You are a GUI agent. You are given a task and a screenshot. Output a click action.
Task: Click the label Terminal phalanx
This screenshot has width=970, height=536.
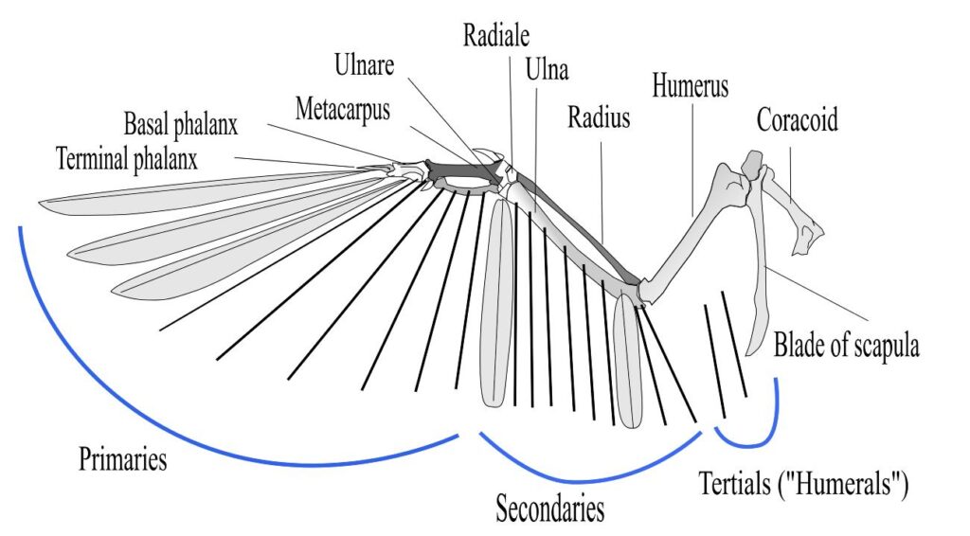coord(126,157)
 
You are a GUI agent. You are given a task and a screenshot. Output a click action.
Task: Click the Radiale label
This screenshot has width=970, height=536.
coord(495,37)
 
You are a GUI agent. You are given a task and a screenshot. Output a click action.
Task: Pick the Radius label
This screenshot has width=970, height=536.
coord(599,118)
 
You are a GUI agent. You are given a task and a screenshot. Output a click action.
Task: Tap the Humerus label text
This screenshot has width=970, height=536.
coord(690,85)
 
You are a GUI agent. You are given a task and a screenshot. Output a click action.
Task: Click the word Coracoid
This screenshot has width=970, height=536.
coord(797,120)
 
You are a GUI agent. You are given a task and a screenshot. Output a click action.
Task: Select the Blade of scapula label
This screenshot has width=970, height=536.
coord(846,346)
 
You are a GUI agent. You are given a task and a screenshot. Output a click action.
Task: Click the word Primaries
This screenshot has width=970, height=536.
coord(122,461)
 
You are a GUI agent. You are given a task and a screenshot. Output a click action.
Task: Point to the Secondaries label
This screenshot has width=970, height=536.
coord(549,509)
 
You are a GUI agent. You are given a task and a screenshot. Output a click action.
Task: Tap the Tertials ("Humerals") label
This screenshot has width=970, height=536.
coord(803,486)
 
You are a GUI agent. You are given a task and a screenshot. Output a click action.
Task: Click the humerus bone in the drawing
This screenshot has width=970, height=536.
coord(687,233)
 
